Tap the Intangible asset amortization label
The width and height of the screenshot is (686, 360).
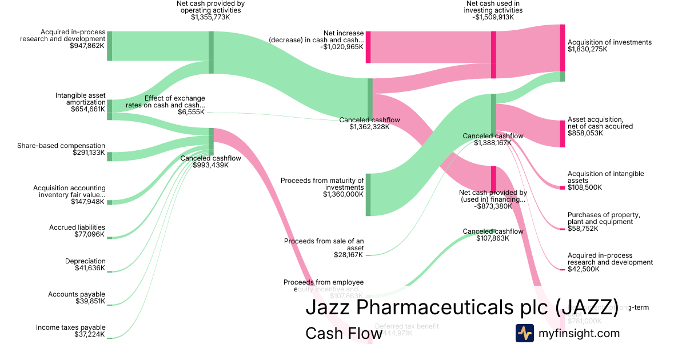point(80,98)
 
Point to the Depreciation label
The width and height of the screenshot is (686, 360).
point(85,261)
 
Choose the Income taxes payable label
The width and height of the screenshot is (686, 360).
point(71,327)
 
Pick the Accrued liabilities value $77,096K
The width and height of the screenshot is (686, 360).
point(90,234)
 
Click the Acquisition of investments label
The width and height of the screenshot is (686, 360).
point(609,42)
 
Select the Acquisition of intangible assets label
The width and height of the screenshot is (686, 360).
point(605,177)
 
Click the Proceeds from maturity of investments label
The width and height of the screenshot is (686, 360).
point(322,183)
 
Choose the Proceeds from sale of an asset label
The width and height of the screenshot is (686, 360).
point(324,245)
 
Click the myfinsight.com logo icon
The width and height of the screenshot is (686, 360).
point(524,333)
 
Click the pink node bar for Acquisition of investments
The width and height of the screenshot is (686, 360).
point(563,48)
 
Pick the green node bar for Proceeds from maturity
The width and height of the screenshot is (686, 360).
point(368,194)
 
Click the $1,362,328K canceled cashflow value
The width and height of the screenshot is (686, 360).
point(369,127)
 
